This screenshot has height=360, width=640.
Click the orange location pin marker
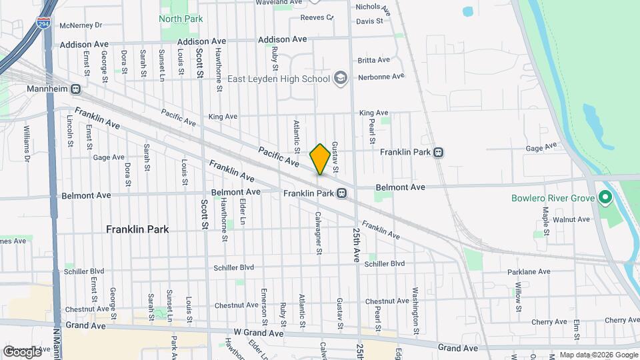[x=319, y=159]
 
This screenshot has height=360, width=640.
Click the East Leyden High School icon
[x=341, y=79]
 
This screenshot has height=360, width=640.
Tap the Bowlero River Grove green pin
[x=605, y=197]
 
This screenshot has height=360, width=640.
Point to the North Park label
[x=181, y=19]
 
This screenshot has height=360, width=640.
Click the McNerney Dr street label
[x=80, y=25]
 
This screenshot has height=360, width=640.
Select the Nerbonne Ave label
[x=381, y=77]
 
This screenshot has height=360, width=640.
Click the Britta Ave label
[x=373, y=60]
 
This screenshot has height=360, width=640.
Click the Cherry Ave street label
[x=549, y=321]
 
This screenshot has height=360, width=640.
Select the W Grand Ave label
[x=259, y=333]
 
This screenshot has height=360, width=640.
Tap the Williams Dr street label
[x=27, y=140]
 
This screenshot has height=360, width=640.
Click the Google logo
[x=22, y=351]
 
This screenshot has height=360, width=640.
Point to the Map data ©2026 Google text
[x=598, y=355]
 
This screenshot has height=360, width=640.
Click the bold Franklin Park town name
[x=137, y=229]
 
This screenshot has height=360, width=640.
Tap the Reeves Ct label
[x=316, y=17]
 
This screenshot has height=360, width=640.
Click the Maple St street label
[x=545, y=217]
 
